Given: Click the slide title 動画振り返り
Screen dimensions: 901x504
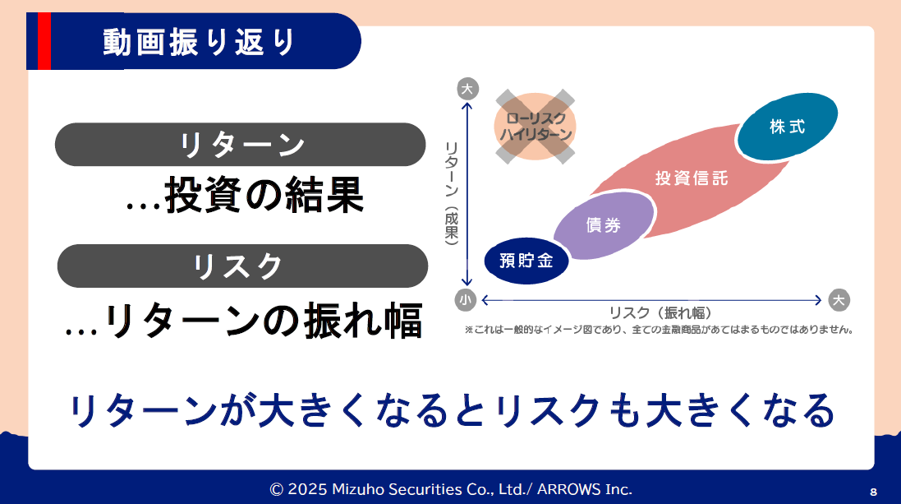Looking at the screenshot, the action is (199, 42).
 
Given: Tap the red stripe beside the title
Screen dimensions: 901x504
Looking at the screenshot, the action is (44, 41).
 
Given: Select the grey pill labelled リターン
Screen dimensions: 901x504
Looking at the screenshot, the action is (240, 145).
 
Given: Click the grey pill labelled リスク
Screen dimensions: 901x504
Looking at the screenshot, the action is (242, 266).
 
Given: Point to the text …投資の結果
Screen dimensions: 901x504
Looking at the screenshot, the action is (245, 195).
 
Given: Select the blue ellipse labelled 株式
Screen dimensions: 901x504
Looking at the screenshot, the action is (787, 126).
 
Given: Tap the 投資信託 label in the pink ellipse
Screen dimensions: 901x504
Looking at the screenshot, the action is (692, 178).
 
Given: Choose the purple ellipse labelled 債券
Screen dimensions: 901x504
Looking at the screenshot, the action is (604, 225).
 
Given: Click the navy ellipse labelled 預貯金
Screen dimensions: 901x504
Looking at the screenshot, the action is (526, 261).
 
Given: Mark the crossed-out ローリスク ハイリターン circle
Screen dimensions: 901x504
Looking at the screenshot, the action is (535, 127).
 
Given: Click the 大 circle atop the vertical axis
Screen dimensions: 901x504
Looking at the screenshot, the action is (467, 89).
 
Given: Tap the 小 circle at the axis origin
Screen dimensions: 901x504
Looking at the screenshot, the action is (466, 300).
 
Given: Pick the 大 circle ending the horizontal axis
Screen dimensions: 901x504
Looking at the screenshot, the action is (839, 300).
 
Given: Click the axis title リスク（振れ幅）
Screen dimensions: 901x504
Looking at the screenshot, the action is (660, 313).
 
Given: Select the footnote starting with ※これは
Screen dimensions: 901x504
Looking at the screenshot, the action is (659, 330).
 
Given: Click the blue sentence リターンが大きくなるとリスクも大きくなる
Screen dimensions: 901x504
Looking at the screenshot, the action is (452, 410).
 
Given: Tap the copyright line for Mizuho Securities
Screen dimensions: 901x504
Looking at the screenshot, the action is (451, 489).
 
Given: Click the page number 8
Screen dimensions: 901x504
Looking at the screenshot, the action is (873, 492).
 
